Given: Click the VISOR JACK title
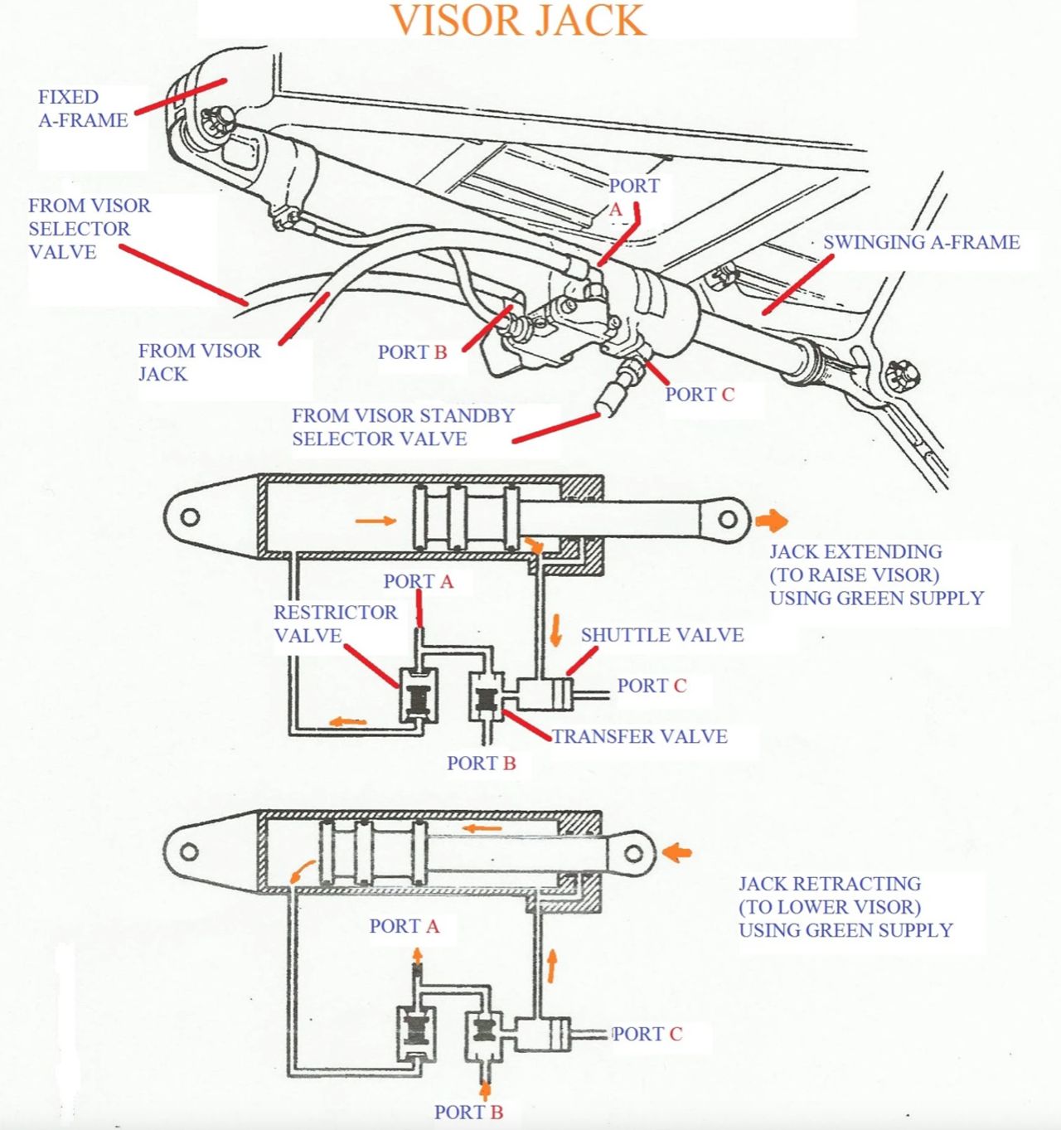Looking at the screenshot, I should (x=518, y=21).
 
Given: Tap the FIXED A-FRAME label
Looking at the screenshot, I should (x=82, y=109).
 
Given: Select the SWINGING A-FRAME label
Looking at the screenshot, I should (x=921, y=242).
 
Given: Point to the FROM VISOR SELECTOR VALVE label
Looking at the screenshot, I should (x=89, y=229).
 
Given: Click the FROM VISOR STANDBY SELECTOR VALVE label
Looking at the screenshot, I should (x=403, y=427).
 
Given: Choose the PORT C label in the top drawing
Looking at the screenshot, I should (x=700, y=395).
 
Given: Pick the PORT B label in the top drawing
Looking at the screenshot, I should (x=412, y=352).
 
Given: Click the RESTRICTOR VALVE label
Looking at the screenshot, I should (x=335, y=623).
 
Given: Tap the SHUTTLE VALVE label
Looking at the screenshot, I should (x=661, y=635).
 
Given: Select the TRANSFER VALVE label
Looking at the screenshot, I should (x=639, y=736).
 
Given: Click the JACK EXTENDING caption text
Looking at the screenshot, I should (x=876, y=575).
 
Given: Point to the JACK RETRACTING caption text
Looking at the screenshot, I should (x=845, y=907).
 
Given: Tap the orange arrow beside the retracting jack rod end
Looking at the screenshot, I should (x=679, y=851).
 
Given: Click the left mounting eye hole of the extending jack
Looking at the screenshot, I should (x=190, y=517).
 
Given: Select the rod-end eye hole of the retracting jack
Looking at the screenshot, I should (x=633, y=853).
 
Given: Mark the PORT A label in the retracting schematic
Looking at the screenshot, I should (x=404, y=926).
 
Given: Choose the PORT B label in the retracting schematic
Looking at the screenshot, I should (x=468, y=1112).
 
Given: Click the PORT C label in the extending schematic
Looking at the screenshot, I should (x=652, y=686).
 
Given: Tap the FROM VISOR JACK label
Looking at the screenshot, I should (x=199, y=362).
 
